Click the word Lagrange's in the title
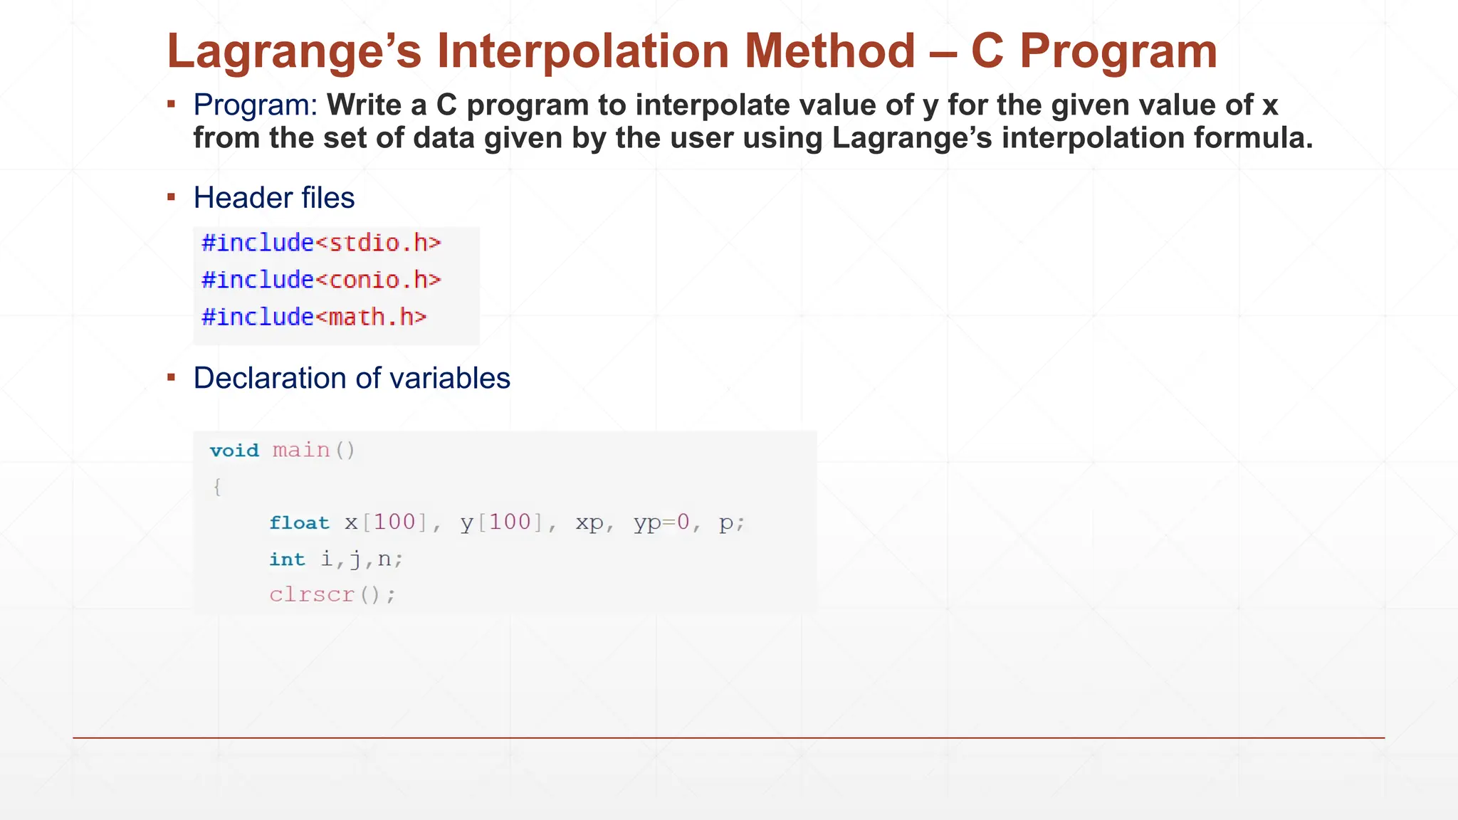point(294,52)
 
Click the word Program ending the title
point(1118,52)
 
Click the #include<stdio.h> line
point(321,243)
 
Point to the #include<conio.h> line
point(321,280)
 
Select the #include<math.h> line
point(314,317)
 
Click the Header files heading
point(274,198)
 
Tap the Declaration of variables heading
point(352,378)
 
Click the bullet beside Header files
point(172,196)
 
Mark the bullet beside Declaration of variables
point(172,377)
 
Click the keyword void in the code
point(234,451)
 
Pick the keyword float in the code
point(299,523)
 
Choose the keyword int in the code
point(287,559)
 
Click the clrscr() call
point(332,595)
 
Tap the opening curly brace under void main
point(217,488)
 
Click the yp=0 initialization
point(661,523)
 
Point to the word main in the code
point(301,451)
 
